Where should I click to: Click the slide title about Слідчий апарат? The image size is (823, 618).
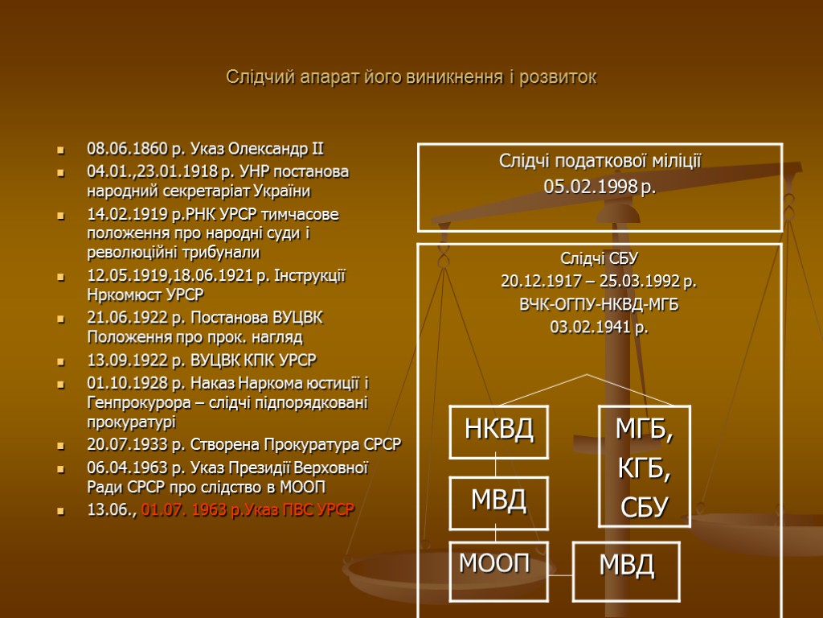(x=411, y=78)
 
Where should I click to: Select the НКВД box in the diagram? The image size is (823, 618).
(x=498, y=430)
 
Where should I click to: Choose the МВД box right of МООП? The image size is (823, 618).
(x=626, y=566)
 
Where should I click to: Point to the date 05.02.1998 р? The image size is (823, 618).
(x=600, y=187)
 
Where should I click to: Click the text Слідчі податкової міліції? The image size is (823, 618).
(x=600, y=162)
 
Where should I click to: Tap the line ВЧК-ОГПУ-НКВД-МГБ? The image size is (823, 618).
(x=599, y=305)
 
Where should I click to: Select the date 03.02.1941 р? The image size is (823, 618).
(x=599, y=328)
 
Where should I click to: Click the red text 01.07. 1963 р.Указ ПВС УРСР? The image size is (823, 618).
(x=248, y=510)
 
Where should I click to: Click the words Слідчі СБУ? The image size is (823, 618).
(x=599, y=258)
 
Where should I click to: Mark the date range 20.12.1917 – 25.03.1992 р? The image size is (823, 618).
(x=599, y=282)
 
